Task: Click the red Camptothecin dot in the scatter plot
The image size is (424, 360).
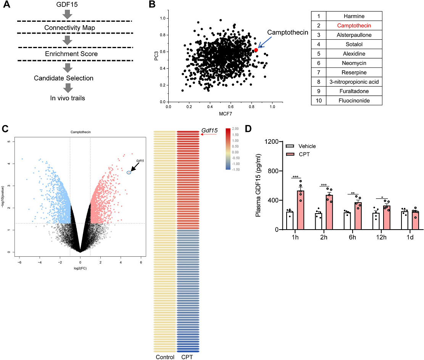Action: pyautogui.click(x=256, y=50)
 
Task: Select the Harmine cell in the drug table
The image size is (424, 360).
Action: pyautogui.click(x=354, y=16)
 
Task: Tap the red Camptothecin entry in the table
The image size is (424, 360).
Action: pyautogui.click(x=354, y=26)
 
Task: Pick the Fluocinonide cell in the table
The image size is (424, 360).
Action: pyautogui.click(x=354, y=101)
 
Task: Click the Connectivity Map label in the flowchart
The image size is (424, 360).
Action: pyautogui.click(x=69, y=28)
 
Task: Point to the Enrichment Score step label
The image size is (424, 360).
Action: pyautogui.click(x=71, y=54)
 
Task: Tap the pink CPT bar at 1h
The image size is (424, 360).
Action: pyautogui.click(x=301, y=210)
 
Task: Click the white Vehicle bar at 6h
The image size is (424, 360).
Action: pyautogui.click(x=347, y=222)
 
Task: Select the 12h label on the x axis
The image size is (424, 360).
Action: pyautogui.click(x=381, y=238)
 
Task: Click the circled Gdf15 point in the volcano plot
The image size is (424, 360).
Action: pyautogui.click(x=129, y=173)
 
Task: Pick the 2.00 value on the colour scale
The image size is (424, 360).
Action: pyautogui.click(x=235, y=129)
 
